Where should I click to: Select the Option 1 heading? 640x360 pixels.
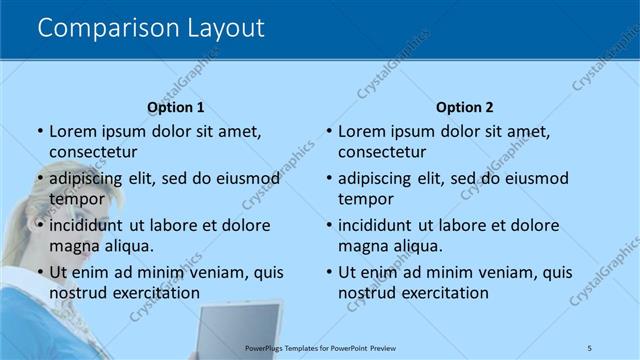point(176,108)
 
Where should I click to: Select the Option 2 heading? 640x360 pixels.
point(465,108)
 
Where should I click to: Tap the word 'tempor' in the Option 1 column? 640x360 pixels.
point(76,199)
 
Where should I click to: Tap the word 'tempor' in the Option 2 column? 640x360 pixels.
point(366,199)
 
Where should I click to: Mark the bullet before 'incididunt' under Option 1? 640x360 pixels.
point(39,226)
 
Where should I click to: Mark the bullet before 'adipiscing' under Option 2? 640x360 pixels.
point(328,179)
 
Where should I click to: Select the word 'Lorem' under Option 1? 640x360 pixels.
point(71,131)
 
